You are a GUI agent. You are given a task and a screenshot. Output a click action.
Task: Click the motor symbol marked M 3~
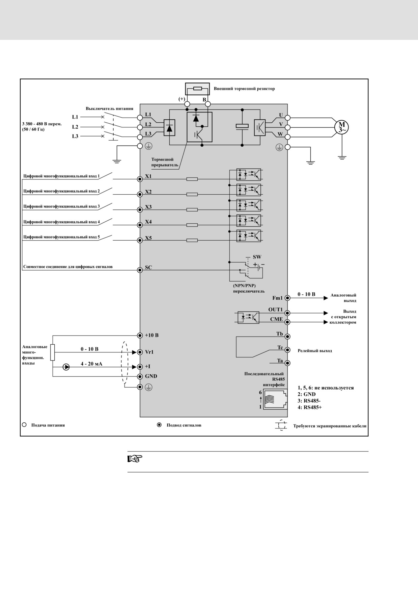(341, 127)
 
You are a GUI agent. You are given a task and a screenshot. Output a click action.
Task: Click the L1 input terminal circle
(140, 117)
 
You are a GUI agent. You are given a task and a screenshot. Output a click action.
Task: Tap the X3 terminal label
(148, 207)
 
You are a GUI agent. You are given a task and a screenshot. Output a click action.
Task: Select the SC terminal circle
(140, 270)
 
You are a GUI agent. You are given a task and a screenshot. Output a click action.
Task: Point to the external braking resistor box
(197, 89)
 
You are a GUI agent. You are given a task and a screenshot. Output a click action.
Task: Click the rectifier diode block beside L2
(169, 128)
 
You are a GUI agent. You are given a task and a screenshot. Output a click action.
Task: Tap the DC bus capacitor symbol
(242, 126)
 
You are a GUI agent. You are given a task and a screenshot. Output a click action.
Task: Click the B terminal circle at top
(208, 104)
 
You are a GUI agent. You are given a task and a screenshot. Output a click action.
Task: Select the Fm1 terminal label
(278, 298)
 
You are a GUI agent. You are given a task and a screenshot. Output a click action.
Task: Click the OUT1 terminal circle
(287, 313)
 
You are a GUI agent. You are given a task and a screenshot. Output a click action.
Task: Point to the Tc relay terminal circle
(287, 350)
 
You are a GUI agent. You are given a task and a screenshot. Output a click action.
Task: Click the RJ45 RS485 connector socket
(275, 399)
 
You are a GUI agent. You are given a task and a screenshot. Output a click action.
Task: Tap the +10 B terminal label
(151, 336)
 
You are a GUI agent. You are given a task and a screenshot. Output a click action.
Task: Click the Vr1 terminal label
(149, 352)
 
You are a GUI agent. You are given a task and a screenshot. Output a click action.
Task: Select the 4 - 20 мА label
(91, 364)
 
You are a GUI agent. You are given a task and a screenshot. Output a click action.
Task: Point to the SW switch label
(257, 257)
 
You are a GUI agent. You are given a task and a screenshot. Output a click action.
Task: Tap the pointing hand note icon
(135, 459)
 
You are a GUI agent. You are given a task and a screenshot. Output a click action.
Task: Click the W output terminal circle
(287, 137)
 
